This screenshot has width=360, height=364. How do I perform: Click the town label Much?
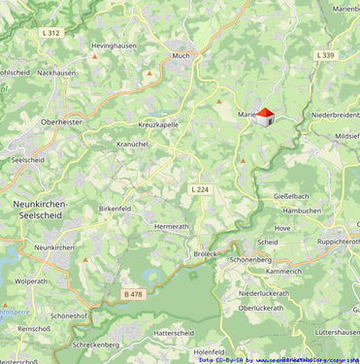point(181,56)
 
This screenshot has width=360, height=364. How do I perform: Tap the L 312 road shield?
point(51,32)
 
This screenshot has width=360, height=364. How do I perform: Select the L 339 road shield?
point(325,55)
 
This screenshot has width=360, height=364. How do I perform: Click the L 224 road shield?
point(200,188)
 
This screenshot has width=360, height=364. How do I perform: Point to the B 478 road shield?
point(133,293)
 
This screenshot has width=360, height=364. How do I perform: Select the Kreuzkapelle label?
point(158,125)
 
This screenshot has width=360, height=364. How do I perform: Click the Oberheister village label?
point(60,122)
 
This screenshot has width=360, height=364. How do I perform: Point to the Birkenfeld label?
point(115,208)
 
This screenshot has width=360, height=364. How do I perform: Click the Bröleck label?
point(205,253)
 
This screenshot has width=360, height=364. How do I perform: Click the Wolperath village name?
point(31,281)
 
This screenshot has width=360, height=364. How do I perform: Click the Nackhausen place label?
point(57,73)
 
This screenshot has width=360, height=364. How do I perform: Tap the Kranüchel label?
point(131,144)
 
